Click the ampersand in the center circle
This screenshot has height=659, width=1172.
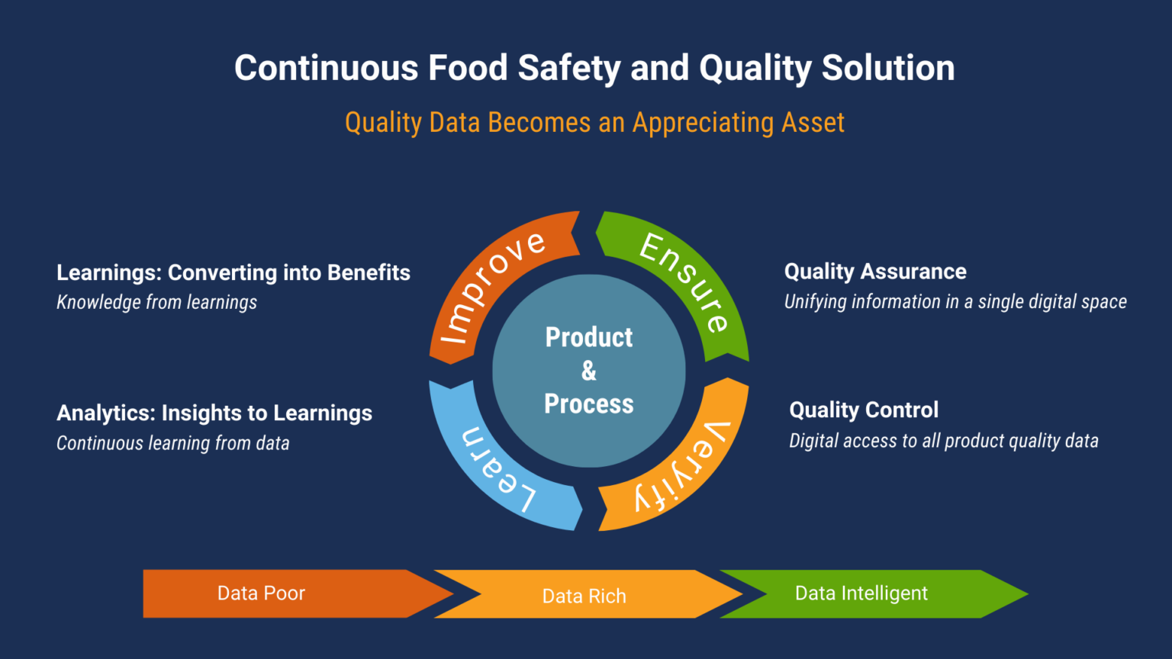click(588, 371)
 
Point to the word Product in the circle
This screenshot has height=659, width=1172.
click(588, 337)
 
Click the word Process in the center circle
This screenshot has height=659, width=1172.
click(588, 404)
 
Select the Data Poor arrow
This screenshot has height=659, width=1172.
click(262, 593)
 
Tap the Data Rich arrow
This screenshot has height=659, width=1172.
click(584, 596)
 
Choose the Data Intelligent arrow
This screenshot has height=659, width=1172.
click(861, 593)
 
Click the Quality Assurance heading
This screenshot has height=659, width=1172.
click(875, 272)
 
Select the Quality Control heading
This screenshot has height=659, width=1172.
click(864, 410)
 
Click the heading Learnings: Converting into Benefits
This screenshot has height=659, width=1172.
click(233, 272)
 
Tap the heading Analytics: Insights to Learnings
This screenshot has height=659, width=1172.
click(214, 413)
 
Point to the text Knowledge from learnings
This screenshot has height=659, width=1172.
click(156, 303)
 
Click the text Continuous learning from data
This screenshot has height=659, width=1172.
click(173, 443)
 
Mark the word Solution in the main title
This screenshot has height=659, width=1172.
click(888, 68)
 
